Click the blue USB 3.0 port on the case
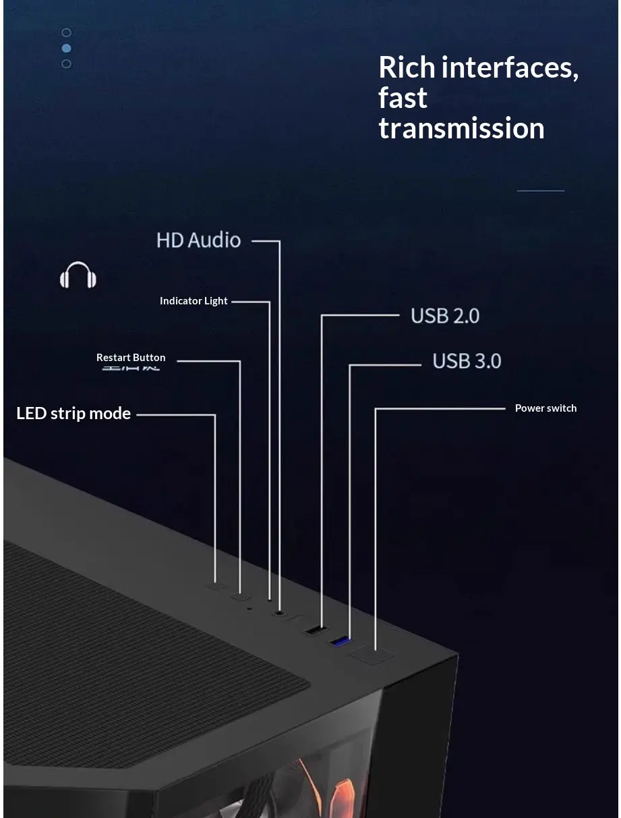click(x=341, y=640)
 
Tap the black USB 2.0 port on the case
click(x=314, y=630)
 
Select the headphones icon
click(x=78, y=275)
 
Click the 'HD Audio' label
click(x=198, y=240)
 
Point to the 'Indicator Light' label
click(x=194, y=301)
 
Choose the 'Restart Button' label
click(x=131, y=358)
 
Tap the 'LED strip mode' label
click(x=73, y=413)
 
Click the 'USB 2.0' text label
click(x=445, y=316)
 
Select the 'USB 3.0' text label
click(x=467, y=361)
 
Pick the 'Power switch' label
click(x=545, y=408)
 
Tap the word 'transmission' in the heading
click(x=461, y=128)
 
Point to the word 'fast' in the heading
click(x=403, y=98)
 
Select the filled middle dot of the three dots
click(x=66, y=48)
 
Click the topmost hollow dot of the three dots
click(x=66, y=32)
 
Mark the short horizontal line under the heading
click(x=540, y=191)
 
